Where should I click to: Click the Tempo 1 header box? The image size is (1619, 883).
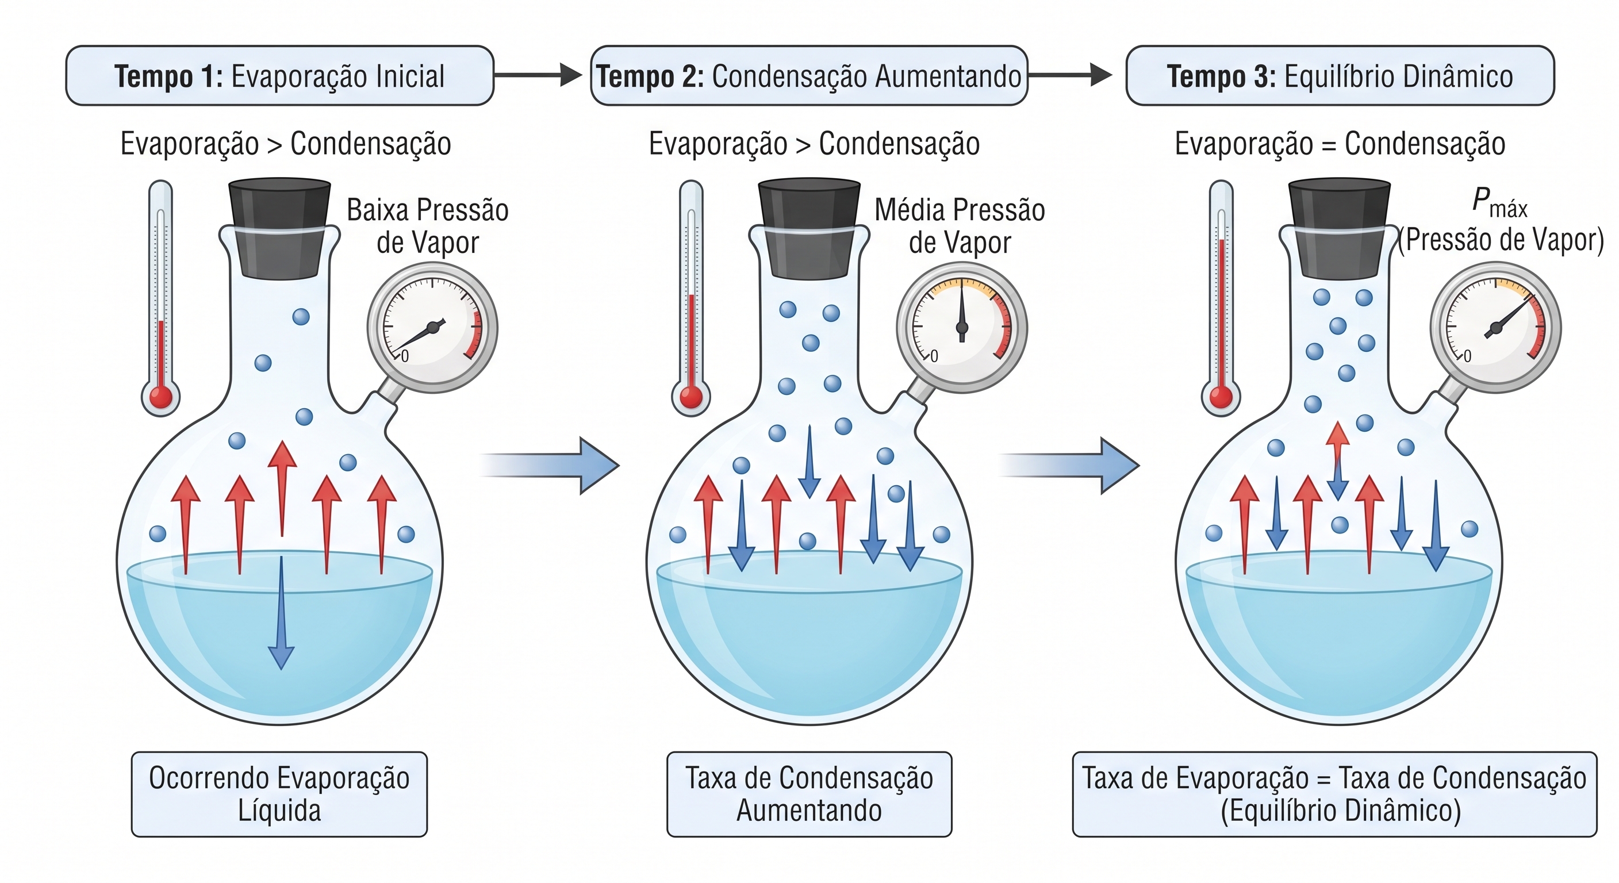point(279,75)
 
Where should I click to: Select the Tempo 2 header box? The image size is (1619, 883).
point(809,75)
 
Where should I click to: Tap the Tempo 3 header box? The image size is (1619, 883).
point(1340,75)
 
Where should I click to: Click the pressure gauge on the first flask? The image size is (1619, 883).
point(432,328)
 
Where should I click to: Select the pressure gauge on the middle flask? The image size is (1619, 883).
point(962,328)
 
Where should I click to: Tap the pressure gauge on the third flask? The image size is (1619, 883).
point(1496,328)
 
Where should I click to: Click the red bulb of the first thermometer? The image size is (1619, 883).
point(161,397)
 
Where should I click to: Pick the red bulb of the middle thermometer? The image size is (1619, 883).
point(691,397)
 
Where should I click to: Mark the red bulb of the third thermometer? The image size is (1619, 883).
point(1221,397)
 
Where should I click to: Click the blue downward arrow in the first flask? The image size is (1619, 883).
point(281,613)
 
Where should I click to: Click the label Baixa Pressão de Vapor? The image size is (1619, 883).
point(428,226)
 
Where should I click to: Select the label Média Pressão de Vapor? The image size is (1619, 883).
point(960,226)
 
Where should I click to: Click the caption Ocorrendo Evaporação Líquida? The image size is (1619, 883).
point(279,794)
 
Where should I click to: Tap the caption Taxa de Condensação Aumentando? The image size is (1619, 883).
point(809,794)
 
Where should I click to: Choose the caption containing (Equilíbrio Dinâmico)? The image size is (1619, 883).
point(1335,794)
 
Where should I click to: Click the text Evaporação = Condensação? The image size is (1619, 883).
point(1340,144)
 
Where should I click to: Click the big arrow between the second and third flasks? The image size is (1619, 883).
point(1068,466)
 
